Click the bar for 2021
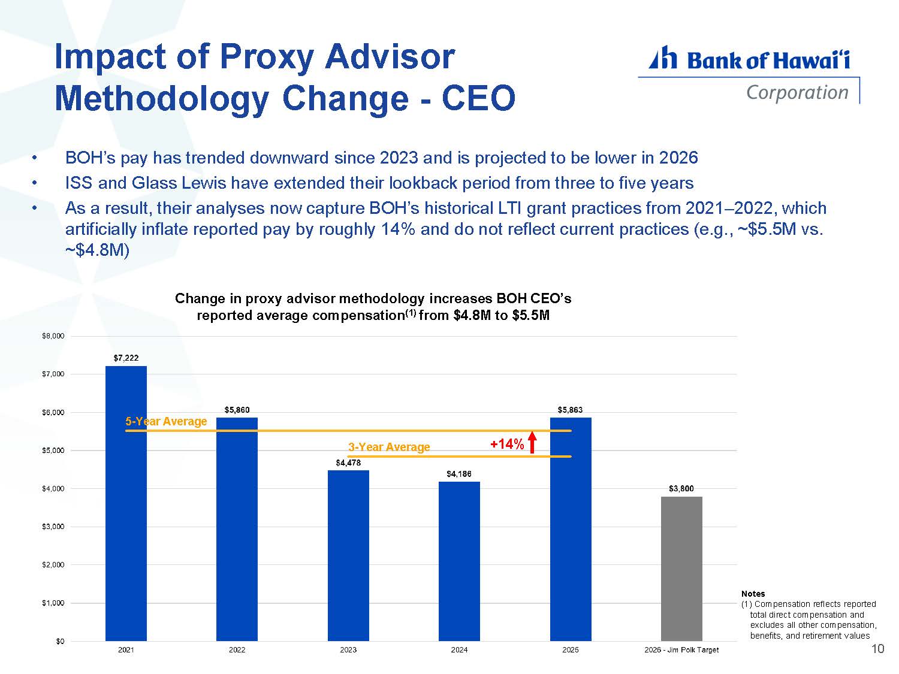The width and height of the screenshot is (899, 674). click(126, 503)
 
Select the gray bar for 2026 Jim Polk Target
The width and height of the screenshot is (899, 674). click(681, 569)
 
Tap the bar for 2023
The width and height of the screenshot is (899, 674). click(348, 555)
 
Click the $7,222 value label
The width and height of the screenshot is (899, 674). click(126, 358)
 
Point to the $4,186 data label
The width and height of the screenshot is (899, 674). click(458, 474)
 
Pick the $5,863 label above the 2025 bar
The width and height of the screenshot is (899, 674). click(570, 410)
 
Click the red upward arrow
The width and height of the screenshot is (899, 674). click(532, 443)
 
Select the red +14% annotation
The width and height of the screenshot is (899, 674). click(506, 444)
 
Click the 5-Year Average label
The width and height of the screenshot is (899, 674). click(166, 422)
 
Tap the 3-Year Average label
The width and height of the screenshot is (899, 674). click(389, 447)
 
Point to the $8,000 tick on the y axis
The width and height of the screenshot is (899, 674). click(53, 336)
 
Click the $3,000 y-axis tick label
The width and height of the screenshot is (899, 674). click(53, 526)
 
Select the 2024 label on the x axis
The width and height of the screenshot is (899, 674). click(458, 649)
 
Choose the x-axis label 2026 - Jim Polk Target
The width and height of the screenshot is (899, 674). click(681, 649)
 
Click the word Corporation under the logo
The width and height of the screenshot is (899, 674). click(797, 93)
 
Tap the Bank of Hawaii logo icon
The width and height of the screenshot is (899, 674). click(663, 58)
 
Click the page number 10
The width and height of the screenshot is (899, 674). click(877, 649)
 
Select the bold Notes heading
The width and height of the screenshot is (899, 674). click(753, 593)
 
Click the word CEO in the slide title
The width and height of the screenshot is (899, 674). click(478, 98)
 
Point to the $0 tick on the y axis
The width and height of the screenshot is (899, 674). click(60, 641)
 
